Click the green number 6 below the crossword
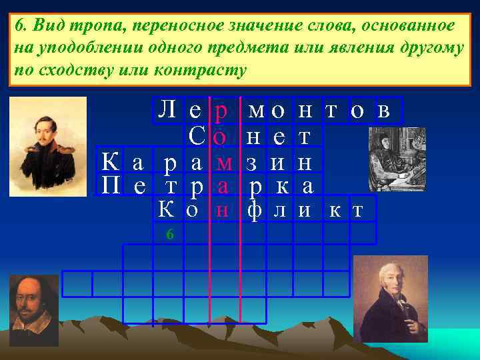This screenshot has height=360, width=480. point(170,234)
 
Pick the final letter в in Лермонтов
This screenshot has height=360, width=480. point(385,111)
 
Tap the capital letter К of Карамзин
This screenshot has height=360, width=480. point(111,161)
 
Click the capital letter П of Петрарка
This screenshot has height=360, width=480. point(111,185)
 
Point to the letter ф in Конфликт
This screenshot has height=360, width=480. point(254,211)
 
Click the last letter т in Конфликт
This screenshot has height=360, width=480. point(358,211)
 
